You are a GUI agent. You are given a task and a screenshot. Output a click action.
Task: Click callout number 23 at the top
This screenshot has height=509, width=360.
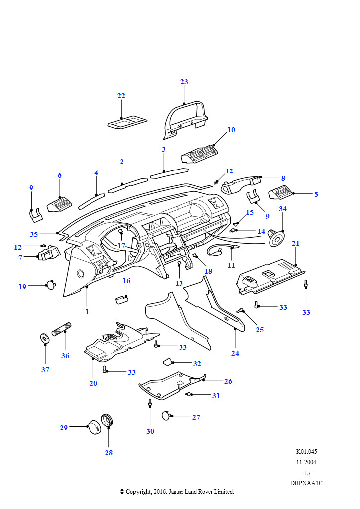[x=184, y=82]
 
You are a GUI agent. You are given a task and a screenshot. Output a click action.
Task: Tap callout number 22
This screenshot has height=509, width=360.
[x=121, y=96]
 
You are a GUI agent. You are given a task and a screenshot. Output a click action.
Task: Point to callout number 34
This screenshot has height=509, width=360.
[x=283, y=209]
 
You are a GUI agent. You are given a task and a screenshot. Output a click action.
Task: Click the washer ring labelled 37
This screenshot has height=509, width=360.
[x=45, y=339]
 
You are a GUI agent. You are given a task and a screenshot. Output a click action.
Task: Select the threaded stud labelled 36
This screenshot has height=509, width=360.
[x=62, y=330]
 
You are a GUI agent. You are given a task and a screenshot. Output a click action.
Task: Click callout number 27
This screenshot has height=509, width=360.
[x=196, y=417]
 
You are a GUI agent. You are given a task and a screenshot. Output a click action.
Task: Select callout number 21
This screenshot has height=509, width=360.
[x=296, y=243]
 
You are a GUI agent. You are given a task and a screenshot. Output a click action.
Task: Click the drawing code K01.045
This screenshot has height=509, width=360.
[x=306, y=452]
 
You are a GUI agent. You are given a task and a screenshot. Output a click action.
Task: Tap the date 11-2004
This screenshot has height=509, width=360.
[x=306, y=462]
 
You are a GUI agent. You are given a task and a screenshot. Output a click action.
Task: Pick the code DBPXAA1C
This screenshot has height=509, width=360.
[x=306, y=483]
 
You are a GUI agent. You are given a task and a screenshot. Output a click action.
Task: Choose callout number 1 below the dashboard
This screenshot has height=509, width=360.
[x=87, y=312]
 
